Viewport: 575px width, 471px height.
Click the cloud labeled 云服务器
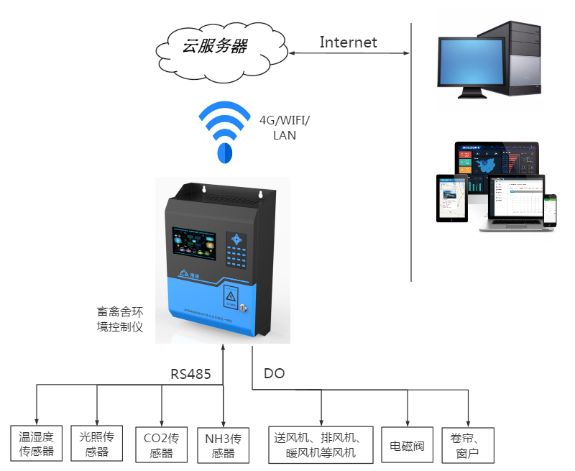[x=213, y=47]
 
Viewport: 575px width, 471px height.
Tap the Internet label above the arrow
[x=348, y=42]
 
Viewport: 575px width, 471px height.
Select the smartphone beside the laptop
[x=550, y=210]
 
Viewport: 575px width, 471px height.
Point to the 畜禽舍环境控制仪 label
[x=120, y=319]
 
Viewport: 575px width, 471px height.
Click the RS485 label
[x=190, y=374]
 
